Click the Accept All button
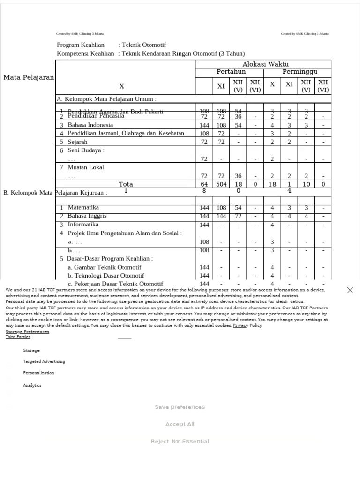(x=180, y=424)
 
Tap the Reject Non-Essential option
(x=180, y=441)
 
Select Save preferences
(x=180, y=407)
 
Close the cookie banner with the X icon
(x=350, y=290)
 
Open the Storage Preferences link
(x=27, y=331)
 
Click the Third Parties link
(x=18, y=337)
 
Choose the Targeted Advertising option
(x=44, y=362)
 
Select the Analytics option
(x=32, y=385)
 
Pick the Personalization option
(x=38, y=373)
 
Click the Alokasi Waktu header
(x=265, y=64)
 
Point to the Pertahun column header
(x=231, y=72)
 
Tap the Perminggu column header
(x=300, y=72)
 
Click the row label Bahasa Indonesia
(x=90, y=125)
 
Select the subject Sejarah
(x=77, y=142)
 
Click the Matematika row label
(x=83, y=207)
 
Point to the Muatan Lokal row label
(x=86, y=167)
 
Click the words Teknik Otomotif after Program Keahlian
(x=144, y=45)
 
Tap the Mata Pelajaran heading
(x=29, y=77)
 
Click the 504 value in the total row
(x=221, y=184)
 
